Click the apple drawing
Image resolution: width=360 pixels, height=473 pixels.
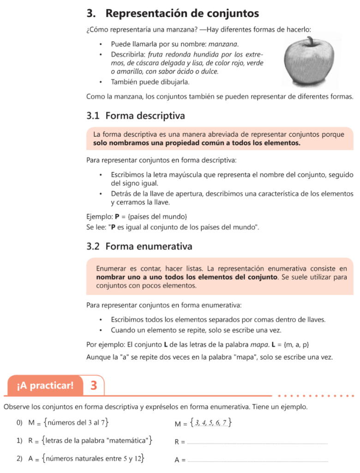click(x=311, y=62)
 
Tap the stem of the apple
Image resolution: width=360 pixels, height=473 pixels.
click(x=314, y=42)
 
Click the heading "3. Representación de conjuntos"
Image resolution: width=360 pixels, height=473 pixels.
click(x=173, y=13)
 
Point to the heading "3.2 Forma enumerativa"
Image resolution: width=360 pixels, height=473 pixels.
click(x=139, y=246)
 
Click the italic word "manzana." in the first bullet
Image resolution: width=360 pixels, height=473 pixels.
click(x=224, y=44)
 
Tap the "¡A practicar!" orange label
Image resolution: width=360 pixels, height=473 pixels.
click(x=45, y=385)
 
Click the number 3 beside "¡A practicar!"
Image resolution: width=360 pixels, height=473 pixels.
click(x=94, y=385)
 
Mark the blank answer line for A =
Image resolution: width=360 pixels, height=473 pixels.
click(x=258, y=461)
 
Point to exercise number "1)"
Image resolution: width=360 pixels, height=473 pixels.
click(x=19, y=441)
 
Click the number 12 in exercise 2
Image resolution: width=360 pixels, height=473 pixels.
click(x=137, y=459)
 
